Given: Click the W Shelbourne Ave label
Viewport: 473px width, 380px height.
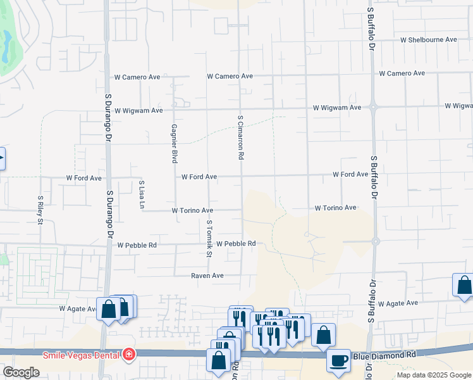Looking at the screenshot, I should (x=428, y=39).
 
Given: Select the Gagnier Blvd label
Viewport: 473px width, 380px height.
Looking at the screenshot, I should (x=173, y=143).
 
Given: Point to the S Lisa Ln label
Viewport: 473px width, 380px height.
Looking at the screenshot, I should (x=142, y=194).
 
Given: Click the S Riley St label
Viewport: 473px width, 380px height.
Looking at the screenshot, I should (x=39, y=210).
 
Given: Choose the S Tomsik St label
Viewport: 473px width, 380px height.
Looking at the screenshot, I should (x=208, y=239).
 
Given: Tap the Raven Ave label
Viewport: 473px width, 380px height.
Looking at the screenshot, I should (x=208, y=275).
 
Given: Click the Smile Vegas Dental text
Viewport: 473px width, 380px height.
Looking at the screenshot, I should (x=82, y=355).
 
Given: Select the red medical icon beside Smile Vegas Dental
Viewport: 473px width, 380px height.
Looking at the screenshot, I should (x=129, y=354).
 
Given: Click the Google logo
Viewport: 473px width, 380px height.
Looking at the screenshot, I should (x=21, y=372).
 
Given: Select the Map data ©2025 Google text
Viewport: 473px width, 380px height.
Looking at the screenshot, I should (x=434, y=375).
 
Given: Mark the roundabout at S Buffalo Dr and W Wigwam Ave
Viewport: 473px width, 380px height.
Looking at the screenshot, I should (x=374, y=107).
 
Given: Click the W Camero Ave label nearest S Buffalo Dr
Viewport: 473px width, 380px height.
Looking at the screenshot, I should (x=402, y=73).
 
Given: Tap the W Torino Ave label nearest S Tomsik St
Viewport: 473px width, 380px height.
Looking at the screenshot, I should (x=192, y=210).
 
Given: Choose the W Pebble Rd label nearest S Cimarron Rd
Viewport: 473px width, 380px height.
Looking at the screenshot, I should (x=235, y=244).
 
